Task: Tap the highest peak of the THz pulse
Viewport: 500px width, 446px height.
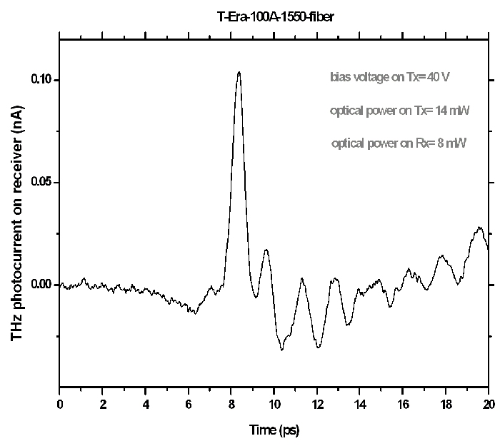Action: pyautogui.click(x=239, y=72)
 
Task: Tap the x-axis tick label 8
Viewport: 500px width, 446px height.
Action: pyautogui.click(x=231, y=403)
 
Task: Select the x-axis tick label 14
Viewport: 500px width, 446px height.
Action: pyautogui.click(x=360, y=403)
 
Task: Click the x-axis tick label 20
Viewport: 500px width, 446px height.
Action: pyautogui.click(x=489, y=403)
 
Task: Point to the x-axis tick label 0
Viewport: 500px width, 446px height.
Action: pyautogui.click(x=60, y=403)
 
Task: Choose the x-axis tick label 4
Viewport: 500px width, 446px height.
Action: pyautogui.click(x=146, y=403)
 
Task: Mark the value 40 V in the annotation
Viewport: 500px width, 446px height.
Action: pyautogui.click(x=441, y=78)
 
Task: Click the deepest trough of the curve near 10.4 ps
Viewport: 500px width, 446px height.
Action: pyautogui.click(x=282, y=350)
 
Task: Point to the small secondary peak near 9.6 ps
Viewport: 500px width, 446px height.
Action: pyautogui.click(x=266, y=250)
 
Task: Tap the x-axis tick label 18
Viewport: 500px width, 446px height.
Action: pyautogui.click(x=446, y=403)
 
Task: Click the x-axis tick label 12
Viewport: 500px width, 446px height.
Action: pyautogui.click(x=317, y=403)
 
